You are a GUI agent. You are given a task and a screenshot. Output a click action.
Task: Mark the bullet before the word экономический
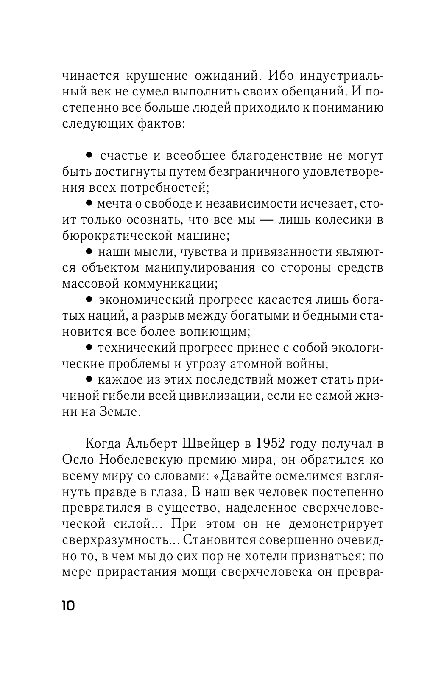click(x=89, y=299)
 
